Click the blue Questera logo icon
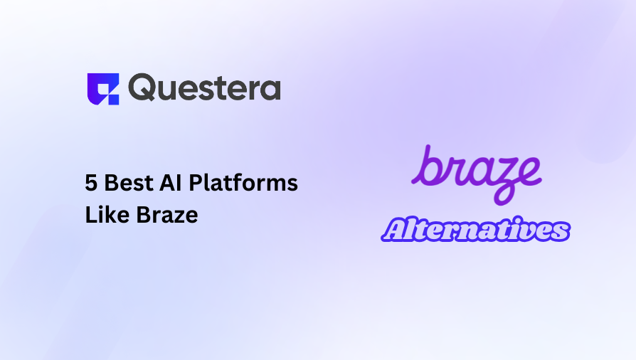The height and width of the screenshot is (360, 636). [102, 89]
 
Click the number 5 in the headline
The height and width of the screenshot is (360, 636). [91, 183]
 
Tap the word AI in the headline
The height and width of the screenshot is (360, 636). [166, 183]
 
